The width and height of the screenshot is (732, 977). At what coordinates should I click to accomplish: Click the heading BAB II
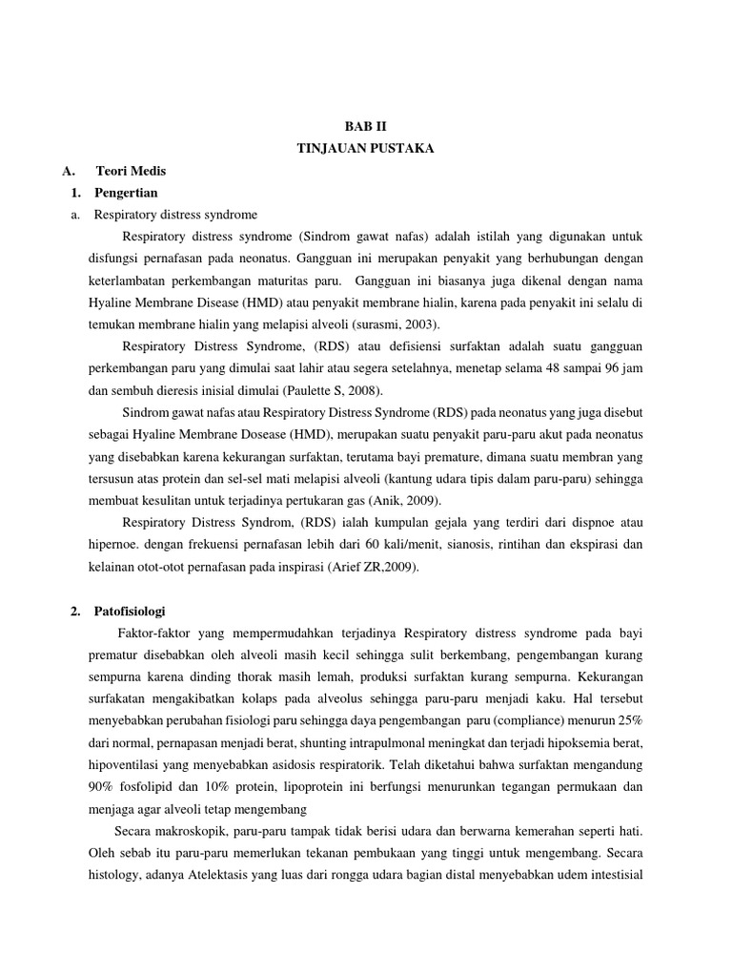(x=366, y=126)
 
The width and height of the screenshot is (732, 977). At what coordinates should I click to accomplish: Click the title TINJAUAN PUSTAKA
(x=366, y=149)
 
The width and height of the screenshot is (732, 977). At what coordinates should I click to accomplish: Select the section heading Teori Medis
(x=131, y=171)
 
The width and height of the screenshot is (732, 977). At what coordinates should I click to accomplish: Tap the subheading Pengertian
(x=127, y=193)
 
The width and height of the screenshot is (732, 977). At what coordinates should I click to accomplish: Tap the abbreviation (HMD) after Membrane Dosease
(x=298, y=434)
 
